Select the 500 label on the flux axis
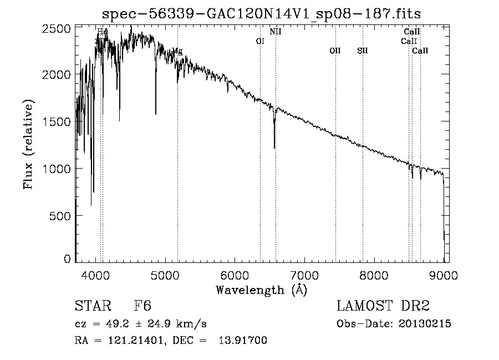(x=64, y=215)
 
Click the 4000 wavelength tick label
(x=96, y=274)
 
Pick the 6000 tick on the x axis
(x=235, y=274)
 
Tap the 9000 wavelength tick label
(x=444, y=274)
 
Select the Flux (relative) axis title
(x=28, y=144)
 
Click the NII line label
(x=276, y=32)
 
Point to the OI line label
(x=260, y=41)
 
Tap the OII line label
(x=335, y=50)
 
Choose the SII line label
(x=363, y=50)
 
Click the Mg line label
(x=177, y=50)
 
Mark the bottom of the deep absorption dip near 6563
(x=274, y=148)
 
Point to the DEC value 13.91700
(x=245, y=341)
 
